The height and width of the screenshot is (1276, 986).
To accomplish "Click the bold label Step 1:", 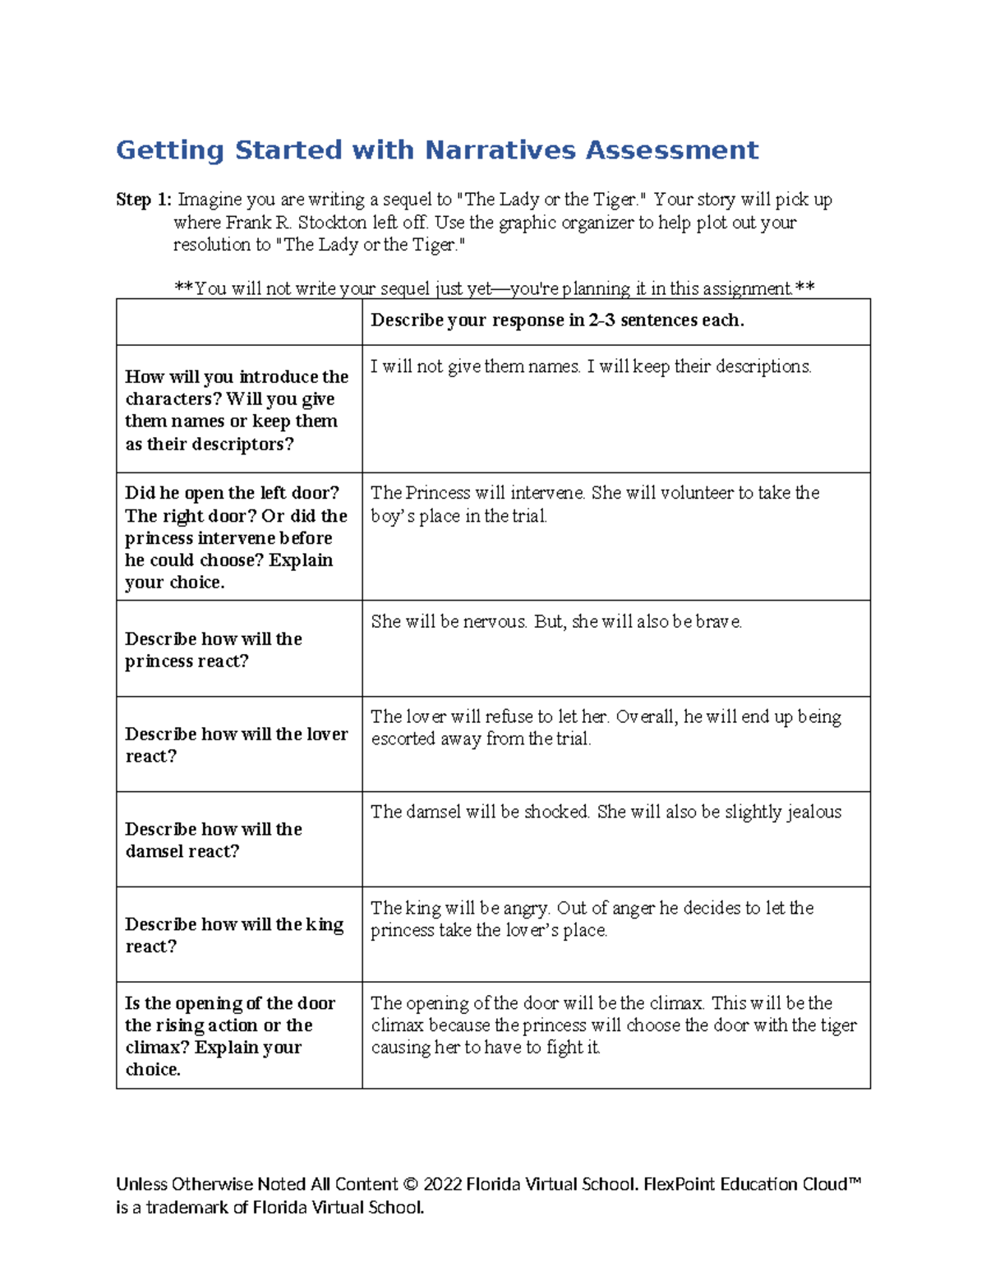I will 144,200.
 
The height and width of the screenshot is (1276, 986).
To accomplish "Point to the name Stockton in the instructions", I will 334,223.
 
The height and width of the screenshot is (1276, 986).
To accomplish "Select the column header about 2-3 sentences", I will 557,320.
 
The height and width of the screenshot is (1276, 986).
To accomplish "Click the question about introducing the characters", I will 237,410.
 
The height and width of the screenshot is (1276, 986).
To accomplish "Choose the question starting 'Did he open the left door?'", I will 237,537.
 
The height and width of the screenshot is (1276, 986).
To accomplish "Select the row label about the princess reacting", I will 214,650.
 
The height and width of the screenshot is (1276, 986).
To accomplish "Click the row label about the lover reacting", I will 236,745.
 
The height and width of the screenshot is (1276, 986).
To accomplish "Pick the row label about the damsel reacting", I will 214,840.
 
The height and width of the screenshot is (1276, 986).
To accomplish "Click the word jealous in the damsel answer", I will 813,813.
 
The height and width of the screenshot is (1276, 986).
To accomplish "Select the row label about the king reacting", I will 234,935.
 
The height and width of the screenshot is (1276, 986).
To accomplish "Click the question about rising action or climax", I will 230,1036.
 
